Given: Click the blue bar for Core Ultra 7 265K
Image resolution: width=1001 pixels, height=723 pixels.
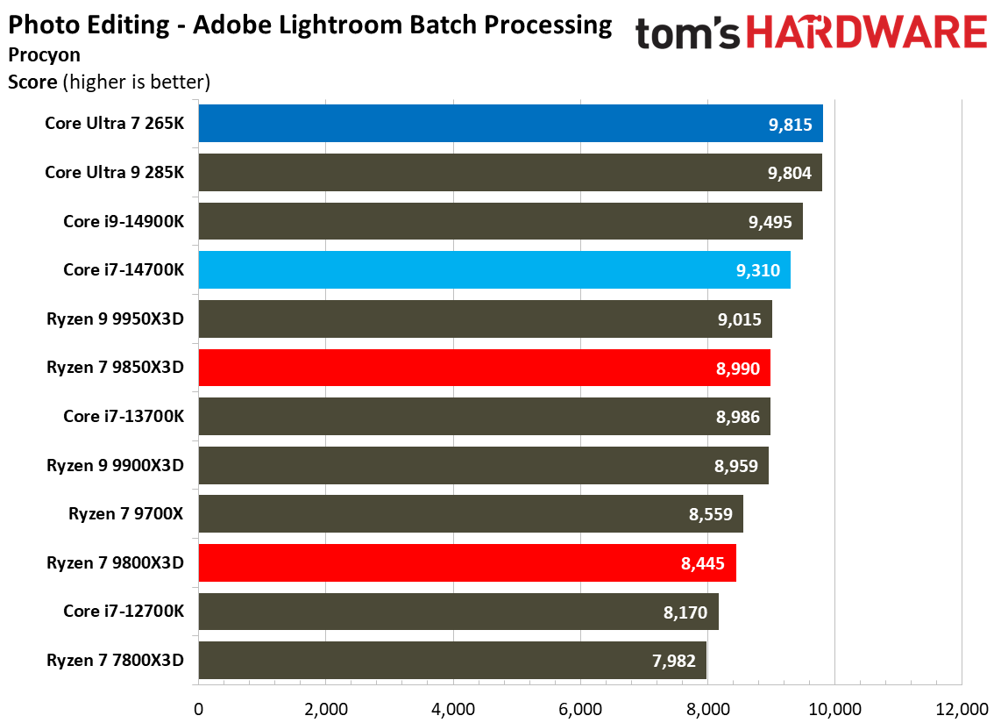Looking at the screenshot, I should (x=510, y=124).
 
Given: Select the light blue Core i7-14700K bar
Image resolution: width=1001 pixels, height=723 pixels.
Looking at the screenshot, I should (x=494, y=270).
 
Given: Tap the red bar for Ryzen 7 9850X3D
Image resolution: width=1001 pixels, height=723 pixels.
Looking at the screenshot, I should (x=484, y=368).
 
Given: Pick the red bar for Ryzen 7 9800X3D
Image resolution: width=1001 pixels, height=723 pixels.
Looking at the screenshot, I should (x=467, y=562).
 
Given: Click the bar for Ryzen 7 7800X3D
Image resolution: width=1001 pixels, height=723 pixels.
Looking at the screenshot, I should (x=452, y=660).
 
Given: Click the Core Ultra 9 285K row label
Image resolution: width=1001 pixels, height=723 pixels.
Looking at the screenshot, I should (x=114, y=173).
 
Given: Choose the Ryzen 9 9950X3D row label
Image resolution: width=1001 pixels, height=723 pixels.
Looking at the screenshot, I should (x=115, y=319).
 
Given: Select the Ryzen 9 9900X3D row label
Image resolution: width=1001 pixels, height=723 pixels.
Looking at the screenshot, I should (x=115, y=465).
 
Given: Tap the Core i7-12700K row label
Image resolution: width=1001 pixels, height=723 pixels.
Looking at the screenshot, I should (x=124, y=612).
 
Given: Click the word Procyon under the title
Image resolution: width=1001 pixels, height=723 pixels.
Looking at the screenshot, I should (x=44, y=54).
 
